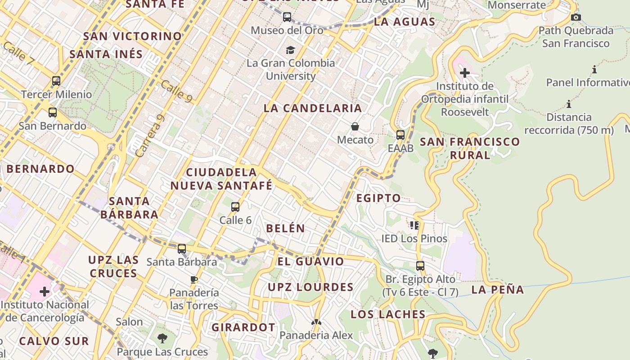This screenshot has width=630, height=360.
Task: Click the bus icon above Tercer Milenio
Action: (56, 81)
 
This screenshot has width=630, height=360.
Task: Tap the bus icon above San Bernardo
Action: (53, 112)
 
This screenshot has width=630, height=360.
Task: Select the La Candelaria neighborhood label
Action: (313, 108)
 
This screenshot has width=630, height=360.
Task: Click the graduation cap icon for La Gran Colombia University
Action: (291, 50)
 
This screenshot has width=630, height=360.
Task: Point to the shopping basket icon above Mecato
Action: (355, 126)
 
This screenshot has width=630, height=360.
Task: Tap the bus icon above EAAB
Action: (400, 135)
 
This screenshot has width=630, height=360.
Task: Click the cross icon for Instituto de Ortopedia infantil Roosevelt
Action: (465, 72)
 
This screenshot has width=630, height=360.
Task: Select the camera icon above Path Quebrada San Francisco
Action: (576, 18)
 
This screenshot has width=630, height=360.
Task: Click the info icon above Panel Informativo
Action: (594, 69)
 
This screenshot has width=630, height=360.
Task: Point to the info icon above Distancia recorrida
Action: (569, 104)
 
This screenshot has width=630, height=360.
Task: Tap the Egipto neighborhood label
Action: (378, 198)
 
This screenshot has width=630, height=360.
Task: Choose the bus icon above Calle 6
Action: (235, 207)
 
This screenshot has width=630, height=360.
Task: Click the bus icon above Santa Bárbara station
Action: (182, 249)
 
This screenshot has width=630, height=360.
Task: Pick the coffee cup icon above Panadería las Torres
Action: (194, 279)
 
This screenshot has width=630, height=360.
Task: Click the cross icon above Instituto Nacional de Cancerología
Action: (45, 292)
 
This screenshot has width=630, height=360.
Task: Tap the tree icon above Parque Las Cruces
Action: (162, 338)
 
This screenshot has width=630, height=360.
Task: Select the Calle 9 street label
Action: (176, 90)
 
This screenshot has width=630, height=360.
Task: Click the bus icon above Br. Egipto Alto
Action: (420, 266)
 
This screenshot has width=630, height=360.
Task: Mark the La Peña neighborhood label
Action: (498, 290)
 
